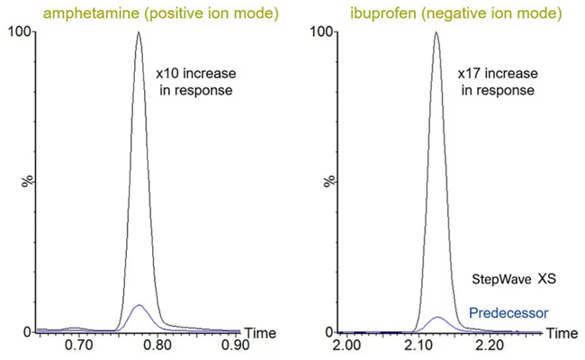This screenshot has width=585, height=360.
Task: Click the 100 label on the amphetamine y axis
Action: pyautogui.click(x=19, y=31)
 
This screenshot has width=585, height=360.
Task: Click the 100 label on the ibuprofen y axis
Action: pyautogui.click(x=318, y=31)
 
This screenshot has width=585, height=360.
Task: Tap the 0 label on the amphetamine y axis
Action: pyautogui.click(x=26, y=331)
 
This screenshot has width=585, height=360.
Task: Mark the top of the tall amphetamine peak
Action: pyautogui.click(x=139, y=32)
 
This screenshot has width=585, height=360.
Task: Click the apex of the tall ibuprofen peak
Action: pyautogui.click(x=436, y=32)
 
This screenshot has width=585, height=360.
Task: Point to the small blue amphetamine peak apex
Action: pyautogui.click(x=138, y=305)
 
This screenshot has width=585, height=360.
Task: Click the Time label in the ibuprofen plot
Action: pyautogui.click(x=562, y=333)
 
